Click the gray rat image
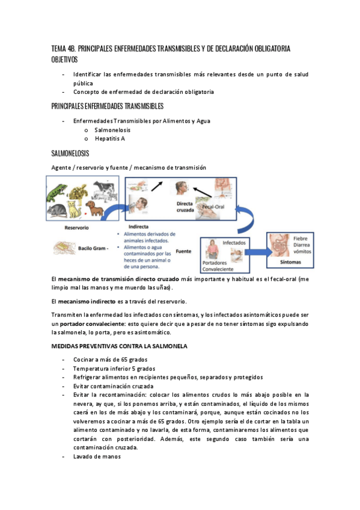pyautogui.click(x=59, y=209)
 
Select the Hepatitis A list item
pyautogui.click(x=109, y=139)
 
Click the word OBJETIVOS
pyautogui.click(x=64, y=60)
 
